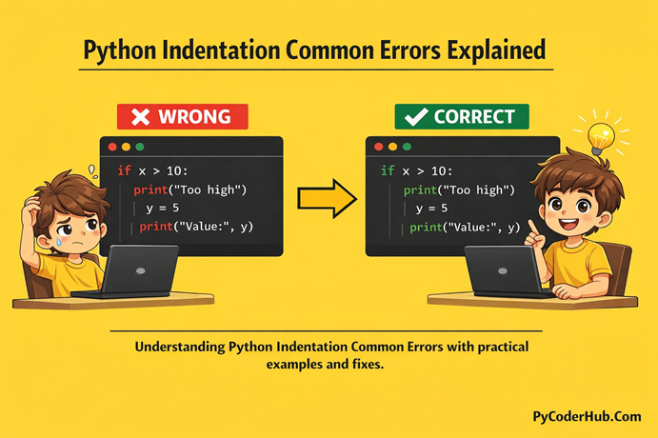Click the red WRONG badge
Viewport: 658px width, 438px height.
tap(182, 117)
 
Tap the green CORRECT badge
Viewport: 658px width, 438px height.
tap(462, 117)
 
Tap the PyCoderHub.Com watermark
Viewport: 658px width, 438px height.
tap(587, 416)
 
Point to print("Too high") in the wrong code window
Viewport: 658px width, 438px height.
tap(190, 189)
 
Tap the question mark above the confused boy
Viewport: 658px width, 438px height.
tap(91, 170)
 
